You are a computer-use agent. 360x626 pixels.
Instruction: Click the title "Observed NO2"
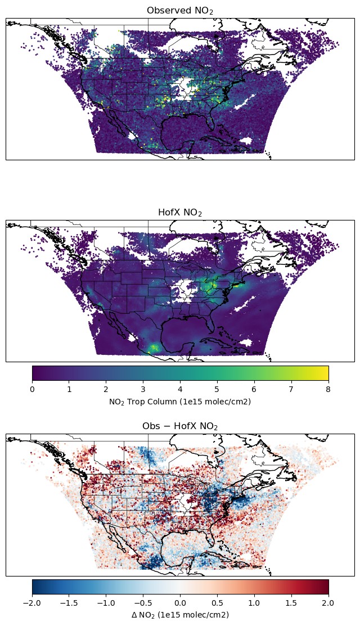tap(180, 11)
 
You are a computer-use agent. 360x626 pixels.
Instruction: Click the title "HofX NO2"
tap(180, 213)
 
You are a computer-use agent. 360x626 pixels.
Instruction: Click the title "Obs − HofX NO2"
tap(180, 426)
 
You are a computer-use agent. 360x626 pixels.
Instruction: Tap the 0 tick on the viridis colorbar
tap(32, 389)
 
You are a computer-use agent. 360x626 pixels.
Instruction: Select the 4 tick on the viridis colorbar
tap(180, 389)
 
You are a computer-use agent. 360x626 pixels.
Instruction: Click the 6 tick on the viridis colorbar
tap(254, 389)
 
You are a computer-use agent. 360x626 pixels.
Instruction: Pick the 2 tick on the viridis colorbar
tap(106, 389)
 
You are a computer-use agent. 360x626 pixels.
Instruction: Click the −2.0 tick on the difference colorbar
tap(32, 602)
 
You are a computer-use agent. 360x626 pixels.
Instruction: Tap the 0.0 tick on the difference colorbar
tap(180, 602)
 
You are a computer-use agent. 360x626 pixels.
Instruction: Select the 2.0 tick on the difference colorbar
tap(328, 602)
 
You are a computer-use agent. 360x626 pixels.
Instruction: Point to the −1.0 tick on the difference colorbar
tap(106, 602)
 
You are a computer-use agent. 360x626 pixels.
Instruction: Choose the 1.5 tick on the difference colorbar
tap(291, 602)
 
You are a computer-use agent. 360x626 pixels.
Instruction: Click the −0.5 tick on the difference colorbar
tap(143, 602)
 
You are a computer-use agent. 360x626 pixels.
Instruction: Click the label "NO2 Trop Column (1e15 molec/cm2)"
tap(180, 402)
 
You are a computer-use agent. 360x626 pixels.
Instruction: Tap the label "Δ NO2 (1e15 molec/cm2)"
tap(180, 615)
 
